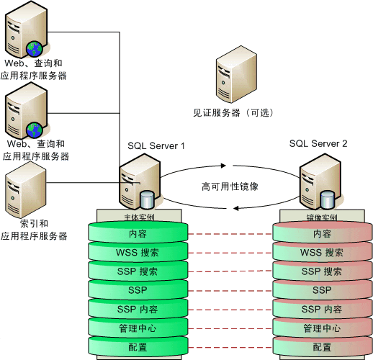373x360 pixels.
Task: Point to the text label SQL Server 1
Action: tap(156, 145)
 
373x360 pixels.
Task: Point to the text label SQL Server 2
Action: tap(318, 144)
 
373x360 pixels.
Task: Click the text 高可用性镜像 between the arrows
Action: tap(230, 186)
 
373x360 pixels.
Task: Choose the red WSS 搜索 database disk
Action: tap(321, 253)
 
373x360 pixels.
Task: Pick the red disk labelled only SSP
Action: tap(321, 290)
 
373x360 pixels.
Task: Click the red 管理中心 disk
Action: tap(321, 328)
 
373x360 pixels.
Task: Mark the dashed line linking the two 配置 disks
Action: tap(230, 347)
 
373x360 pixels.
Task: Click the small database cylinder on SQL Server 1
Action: tap(148, 198)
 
